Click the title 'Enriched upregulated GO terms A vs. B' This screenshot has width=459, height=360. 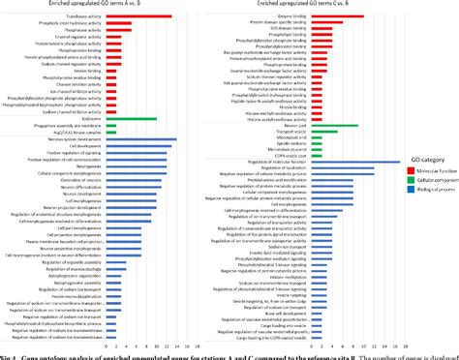click(x=113, y=5)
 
